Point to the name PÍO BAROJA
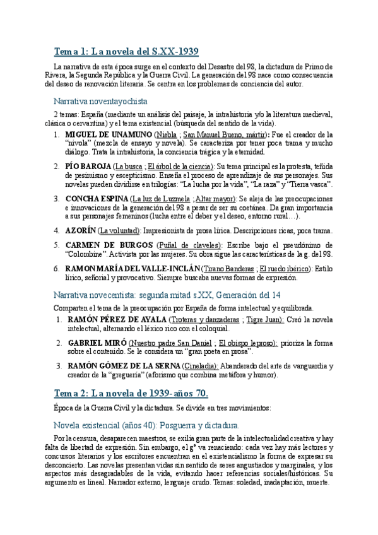[x=86, y=166]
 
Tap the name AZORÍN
[x=80, y=230]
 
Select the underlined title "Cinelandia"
[x=201, y=366]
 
